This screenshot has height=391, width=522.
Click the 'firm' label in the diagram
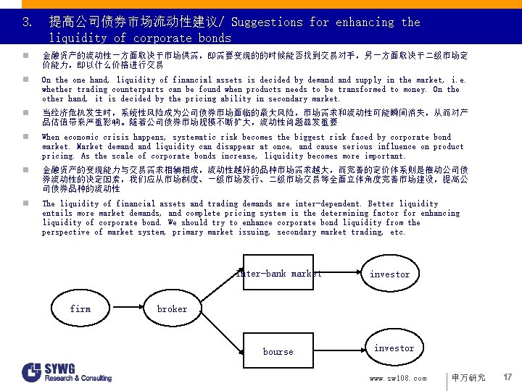click(80, 309)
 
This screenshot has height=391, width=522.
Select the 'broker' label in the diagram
click(172, 309)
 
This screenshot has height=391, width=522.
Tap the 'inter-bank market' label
click(279, 274)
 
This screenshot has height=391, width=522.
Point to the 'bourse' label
click(278, 352)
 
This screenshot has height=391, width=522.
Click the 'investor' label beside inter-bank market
click(389, 274)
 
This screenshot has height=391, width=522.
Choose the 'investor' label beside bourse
click(394, 348)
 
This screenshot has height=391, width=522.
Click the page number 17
click(507, 377)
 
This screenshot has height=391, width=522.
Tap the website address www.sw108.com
click(398, 378)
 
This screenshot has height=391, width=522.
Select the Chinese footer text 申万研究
click(468, 378)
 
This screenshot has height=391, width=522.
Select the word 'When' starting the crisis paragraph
click(51, 138)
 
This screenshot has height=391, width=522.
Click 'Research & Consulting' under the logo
click(78, 378)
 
